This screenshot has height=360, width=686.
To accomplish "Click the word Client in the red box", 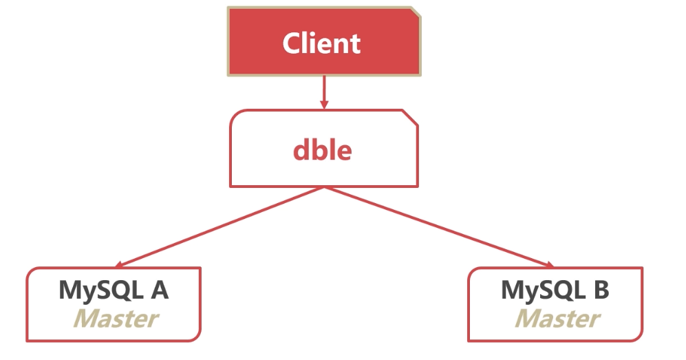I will pyautogui.click(x=321, y=43).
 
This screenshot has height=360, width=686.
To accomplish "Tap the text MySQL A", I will pyautogui.click(x=114, y=290).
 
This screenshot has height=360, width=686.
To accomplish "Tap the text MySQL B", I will pyautogui.click(x=555, y=290).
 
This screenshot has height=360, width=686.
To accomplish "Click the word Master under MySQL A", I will pyautogui.click(x=115, y=319).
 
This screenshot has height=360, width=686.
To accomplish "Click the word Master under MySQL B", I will pyautogui.click(x=557, y=319).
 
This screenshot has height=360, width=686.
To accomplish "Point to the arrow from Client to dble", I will pyautogui.click(x=323, y=89).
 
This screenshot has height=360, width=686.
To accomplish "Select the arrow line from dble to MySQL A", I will pyautogui.click(x=220, y=226).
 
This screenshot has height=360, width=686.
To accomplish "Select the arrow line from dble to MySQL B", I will pyautogui.click(x=440, y=228).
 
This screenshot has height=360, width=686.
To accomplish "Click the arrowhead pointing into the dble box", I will pyautogui.click(x=323, y=105).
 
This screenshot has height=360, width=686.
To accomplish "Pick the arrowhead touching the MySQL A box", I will pyautogui.click(x=120, y=265).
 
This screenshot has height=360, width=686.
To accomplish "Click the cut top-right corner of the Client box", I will pyautogui.click(x=415, y=12).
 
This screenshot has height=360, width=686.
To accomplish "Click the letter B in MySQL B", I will pyautogui.click(x=600, y=290).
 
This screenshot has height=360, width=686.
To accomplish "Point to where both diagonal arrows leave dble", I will pyautogui.click(x=323, y=187).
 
